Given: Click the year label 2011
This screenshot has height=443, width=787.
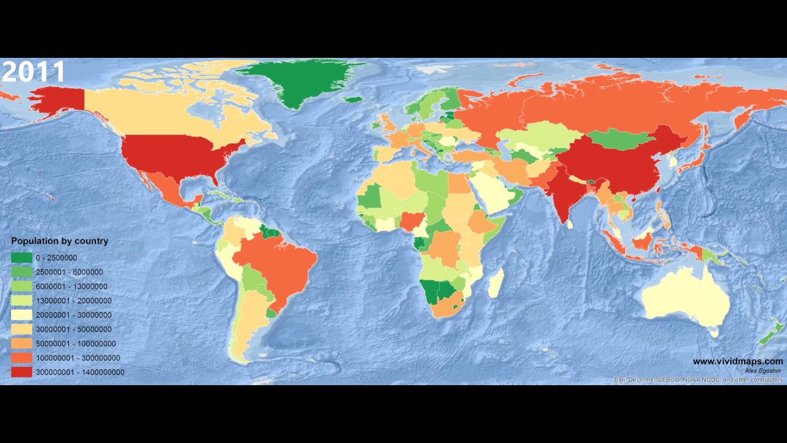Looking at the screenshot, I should click(x=33, y=71).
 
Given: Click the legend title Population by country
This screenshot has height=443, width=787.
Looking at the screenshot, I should click(x=60, y=241).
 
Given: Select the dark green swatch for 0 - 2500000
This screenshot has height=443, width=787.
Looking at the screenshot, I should click(x=21, y=258).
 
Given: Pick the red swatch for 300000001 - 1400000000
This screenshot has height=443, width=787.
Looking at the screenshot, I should click(x=21, y=372).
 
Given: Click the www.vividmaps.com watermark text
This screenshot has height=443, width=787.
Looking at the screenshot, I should click(x=738, y=361).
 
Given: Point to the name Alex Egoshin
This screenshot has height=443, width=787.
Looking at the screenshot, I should click(x=764, y=370).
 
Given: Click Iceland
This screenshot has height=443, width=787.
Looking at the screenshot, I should click(x=352, y=100).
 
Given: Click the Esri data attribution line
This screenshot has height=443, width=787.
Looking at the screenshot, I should click(x=698, y=380).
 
